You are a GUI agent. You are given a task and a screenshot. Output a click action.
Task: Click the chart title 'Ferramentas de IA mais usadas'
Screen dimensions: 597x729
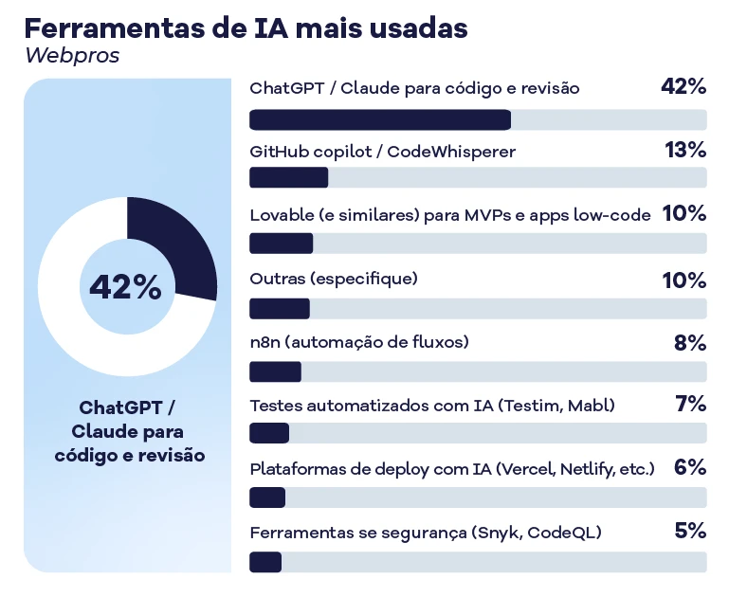246,28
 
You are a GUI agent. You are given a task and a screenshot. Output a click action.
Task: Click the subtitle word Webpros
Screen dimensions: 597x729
72,56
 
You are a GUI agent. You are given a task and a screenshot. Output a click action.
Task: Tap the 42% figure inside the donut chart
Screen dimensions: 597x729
126,287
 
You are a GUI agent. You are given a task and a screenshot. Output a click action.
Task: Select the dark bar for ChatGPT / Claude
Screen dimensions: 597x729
379,119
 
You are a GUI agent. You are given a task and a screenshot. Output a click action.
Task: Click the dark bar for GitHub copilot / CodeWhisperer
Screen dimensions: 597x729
288,177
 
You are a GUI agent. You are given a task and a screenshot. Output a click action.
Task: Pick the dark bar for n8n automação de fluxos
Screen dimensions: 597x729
275,371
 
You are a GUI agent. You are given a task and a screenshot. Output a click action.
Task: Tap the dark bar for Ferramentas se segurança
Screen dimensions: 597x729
265,562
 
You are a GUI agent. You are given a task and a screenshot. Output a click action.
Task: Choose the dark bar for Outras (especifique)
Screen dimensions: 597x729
279,309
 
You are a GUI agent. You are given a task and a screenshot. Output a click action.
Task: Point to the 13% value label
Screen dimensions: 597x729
685,150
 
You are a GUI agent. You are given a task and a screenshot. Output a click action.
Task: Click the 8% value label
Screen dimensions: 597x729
690,342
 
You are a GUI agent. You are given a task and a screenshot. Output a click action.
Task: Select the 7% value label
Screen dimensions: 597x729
691,405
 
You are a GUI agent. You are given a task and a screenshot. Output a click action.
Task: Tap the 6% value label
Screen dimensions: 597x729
690,468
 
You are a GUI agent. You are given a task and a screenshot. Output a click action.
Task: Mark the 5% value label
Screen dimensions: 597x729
690,531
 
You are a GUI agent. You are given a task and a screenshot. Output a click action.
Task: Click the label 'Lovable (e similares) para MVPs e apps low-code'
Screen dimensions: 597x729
450,215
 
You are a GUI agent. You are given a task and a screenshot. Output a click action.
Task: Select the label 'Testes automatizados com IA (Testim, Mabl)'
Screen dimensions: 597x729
432,406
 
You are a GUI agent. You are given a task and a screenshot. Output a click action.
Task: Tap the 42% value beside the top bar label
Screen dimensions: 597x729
683,87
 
